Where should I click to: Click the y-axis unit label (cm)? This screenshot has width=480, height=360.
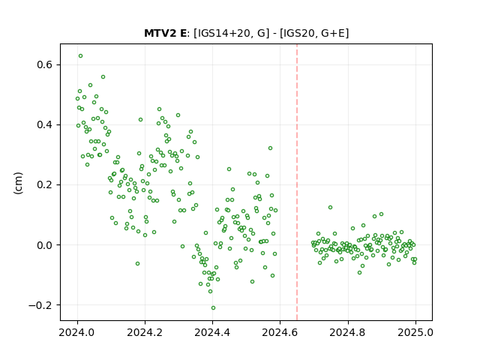point(18,183)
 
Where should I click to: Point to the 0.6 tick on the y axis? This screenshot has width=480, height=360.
point(45,65)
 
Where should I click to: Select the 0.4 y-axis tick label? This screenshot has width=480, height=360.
point(45,125)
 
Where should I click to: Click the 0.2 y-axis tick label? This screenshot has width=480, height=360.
point(45,185)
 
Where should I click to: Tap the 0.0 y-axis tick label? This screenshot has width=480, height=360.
point(45,245)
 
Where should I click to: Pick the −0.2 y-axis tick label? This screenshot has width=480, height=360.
point(40,305)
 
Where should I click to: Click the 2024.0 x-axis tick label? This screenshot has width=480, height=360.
point(77,332)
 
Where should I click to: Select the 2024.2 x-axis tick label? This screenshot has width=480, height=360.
point(145,332)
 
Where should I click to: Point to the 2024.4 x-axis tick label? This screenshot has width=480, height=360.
point(212,332)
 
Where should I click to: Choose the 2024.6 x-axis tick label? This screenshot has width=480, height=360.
point(280,332)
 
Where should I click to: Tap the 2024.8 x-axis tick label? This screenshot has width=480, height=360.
point(348,332)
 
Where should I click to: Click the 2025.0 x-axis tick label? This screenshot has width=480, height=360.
point(415,332)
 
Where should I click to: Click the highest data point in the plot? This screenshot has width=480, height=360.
point(80,56)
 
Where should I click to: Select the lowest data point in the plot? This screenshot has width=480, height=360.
point(213,308)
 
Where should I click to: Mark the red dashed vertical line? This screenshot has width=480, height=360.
point(297,182)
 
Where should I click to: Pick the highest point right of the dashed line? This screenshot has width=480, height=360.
point(330,207)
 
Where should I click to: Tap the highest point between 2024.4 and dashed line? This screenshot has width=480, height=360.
point(270,148)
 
